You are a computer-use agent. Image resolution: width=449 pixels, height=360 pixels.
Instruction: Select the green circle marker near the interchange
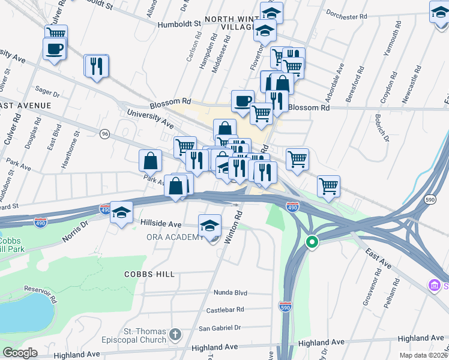coord(312,243)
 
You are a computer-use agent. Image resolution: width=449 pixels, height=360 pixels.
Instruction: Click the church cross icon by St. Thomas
coord(175,334)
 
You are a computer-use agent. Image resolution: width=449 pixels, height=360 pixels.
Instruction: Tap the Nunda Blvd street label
coord(231,293)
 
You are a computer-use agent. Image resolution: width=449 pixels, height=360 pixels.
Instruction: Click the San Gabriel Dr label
coord(220,328)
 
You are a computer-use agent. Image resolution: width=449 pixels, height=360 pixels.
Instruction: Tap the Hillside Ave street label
coord(161,223)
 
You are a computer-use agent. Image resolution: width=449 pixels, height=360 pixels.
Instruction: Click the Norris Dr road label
coord(76,231)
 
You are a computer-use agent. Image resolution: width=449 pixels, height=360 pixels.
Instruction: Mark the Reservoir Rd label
coord(37,292)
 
